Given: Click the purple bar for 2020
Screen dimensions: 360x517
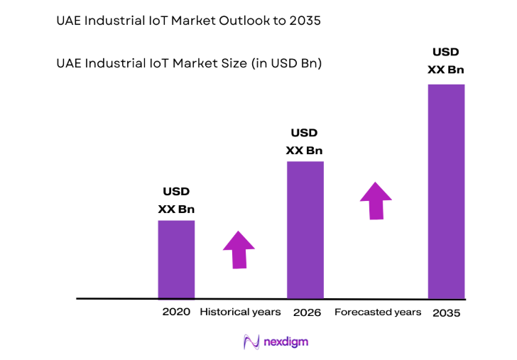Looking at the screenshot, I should click(x=175, y=259).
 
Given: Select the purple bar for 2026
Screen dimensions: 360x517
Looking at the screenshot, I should click(x=305, y=229).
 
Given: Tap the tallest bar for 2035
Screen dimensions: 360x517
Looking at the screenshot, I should click(x=446, y=191).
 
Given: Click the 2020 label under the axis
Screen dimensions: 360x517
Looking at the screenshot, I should click(x=176, y=312).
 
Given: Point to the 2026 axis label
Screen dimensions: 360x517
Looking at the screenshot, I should click(x=307, y=312).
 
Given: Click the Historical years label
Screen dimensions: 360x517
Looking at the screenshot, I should click(x=240, y=312).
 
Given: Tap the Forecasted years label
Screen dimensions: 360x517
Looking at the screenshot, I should click(x=378, y=312).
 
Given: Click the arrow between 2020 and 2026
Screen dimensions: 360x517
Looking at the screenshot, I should click(x=239, y=249).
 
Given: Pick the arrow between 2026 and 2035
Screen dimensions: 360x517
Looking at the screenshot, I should click(x=376, y=200).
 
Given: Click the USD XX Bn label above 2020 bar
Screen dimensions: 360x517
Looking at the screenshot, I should click(x=176, y=200).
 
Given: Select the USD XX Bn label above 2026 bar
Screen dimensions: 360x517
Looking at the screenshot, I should click(x=305, y=141).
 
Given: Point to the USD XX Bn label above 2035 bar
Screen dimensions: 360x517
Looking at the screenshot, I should click(x=446, y=60).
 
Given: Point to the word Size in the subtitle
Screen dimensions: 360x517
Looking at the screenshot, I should click(x=229, y=63).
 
